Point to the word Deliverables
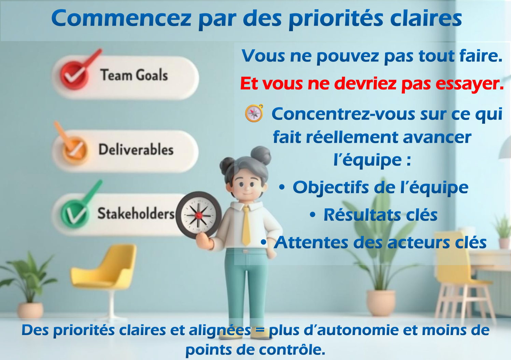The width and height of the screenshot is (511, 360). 136,150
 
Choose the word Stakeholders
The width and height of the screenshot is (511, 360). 136,213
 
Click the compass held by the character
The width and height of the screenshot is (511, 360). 198,215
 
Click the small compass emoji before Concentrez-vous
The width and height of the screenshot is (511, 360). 254,113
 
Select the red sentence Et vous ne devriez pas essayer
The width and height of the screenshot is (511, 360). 372,84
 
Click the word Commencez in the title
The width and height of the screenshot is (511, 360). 121,18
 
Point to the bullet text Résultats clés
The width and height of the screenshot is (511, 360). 381,215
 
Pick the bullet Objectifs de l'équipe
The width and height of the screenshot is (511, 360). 381,188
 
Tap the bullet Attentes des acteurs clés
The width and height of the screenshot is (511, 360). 380,242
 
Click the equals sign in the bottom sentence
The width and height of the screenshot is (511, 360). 260,330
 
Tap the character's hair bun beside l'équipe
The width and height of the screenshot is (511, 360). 261,155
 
